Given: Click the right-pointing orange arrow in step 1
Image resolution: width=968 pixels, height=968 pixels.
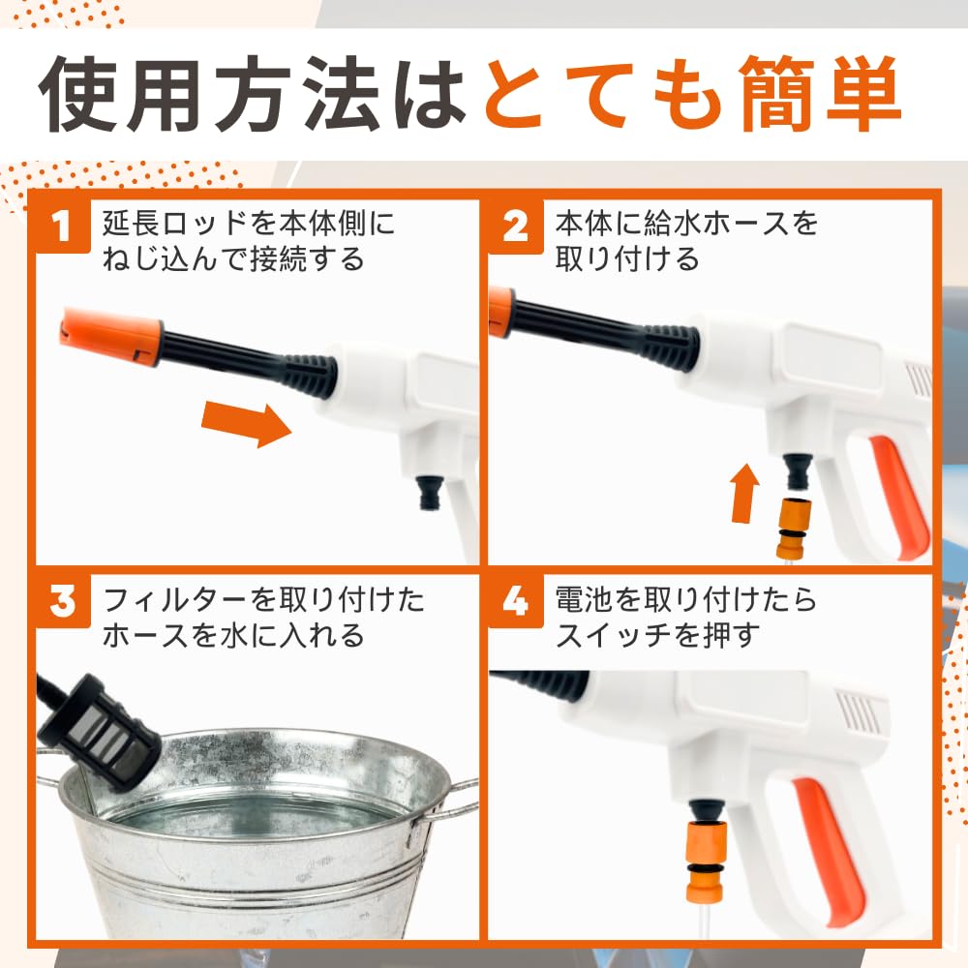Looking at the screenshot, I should (246, 423).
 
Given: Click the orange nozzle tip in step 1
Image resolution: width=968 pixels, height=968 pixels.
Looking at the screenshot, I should (109, 332).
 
